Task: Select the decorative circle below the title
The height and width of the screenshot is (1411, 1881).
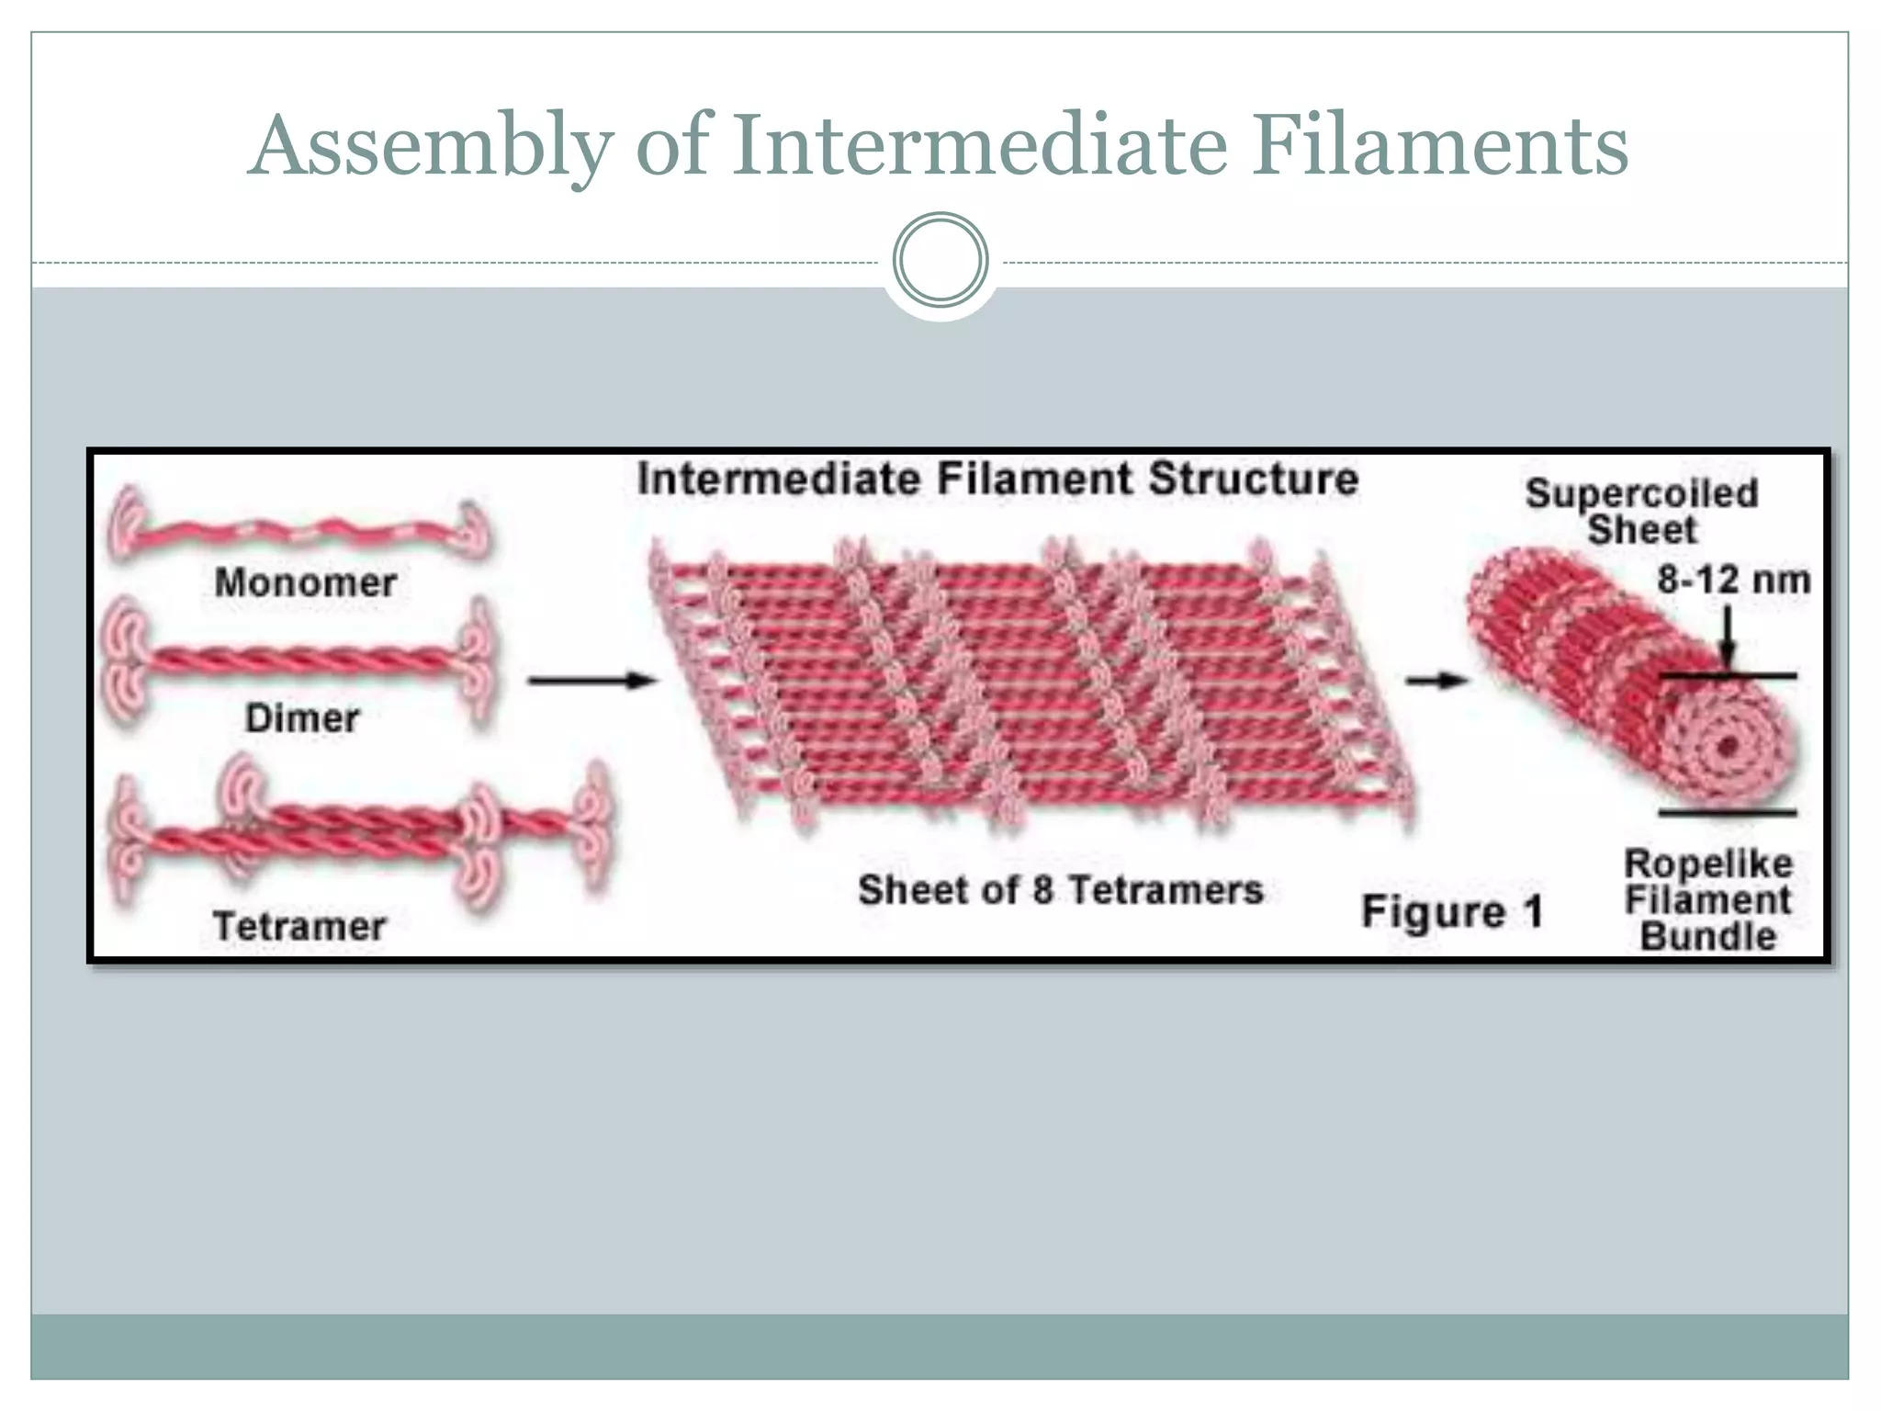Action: pos(940,260)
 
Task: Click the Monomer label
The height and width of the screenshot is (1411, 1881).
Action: pos(305,582)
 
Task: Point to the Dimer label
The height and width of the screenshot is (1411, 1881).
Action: pos(302,718)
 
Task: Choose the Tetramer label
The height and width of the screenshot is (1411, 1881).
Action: pos(299,926)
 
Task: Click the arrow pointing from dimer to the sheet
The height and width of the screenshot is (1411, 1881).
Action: pos(592,681)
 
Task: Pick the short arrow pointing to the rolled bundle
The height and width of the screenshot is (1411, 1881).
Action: pos(1437,681)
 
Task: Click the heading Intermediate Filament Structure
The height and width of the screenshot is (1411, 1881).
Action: pos(997,480)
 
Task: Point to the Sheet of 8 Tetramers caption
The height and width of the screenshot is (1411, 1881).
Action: pos(1060,890)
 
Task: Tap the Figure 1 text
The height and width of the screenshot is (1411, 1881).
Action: pos(1451,912)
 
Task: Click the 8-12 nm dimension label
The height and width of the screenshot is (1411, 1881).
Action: pos(1733,581)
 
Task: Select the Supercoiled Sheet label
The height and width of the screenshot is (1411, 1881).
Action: pos(1642,512)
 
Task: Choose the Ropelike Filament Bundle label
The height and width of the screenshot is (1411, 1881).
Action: pos(1708,900)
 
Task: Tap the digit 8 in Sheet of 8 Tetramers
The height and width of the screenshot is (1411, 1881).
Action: pos(1042,890)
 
